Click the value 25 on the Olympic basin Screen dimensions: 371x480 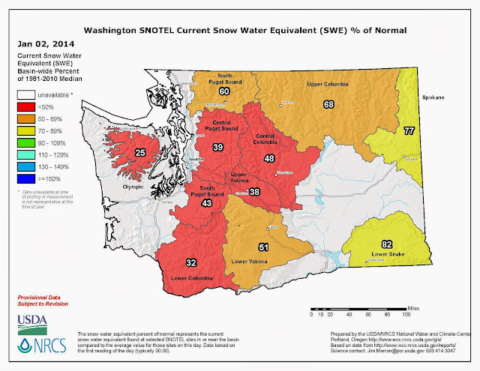pyautogui.click(x=139, y=153)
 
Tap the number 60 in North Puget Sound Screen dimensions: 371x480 pyautogui.click(x=224, y=91)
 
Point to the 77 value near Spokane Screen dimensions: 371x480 pyautogui.click(x=430, y=131)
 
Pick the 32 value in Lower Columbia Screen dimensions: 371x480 pyautogui.click(x=190, y=262)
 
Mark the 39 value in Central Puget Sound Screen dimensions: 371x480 pyautogui.click(x=218, y=146)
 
